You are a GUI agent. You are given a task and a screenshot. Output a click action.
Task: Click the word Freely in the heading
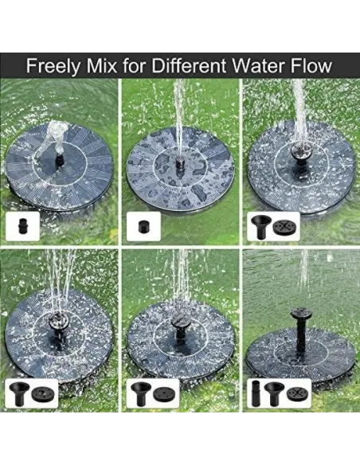[53, 66]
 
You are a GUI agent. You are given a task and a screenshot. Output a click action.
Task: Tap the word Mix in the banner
[101, 65]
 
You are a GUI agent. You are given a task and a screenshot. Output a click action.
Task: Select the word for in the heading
[135, 65]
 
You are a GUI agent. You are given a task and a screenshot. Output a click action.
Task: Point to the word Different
[190, 65]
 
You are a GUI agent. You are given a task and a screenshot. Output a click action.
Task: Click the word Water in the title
[259, 65]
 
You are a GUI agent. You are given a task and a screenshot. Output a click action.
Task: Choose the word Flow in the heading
[311, 65]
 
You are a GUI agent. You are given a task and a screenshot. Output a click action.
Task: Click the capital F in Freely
[31, 66]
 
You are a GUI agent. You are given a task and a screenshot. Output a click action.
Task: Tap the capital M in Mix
[94, 66]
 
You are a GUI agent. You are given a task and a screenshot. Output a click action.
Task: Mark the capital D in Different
[158, 66]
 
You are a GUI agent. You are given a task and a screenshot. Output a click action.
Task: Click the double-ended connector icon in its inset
[22, 226]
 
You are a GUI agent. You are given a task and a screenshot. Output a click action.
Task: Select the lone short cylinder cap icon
[143, 227]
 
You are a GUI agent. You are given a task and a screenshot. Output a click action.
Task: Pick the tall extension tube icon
[256, 393]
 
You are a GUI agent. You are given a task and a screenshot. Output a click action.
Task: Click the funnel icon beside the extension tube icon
[274, 393]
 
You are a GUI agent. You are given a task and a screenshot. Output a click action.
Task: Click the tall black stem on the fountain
[301, 335]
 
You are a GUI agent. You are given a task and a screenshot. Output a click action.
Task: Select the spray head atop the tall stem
[301, 313]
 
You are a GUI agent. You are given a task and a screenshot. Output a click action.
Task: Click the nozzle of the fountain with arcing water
[60, 159]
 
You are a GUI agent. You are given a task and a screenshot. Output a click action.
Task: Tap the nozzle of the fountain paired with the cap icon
[180, 164]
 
